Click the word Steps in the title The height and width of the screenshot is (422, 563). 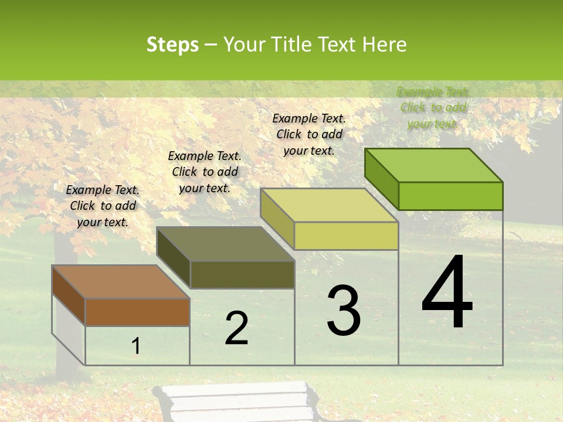pyautogui.click(x=172, y=45)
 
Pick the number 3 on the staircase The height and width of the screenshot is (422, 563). pyautogui.click(x=344, y=310)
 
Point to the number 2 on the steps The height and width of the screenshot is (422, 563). pyautogui.click(x=236, y=328)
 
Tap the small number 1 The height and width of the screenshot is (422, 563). pyautogui.click(x=135, y=346)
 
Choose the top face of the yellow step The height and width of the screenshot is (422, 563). pyautogui.click(x=329, y=205)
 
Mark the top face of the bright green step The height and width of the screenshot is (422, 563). pyautogui.click(x=433, y=165)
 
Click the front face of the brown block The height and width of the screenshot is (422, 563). pyautogui.click(x=137, y=312)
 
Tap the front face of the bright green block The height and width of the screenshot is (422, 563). pyautogui.click(x=450, y=196)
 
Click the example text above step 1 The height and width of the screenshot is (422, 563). pyautogui.click(x=103, y=206)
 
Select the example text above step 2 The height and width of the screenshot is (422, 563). pyautogui.click(x=205, y=172)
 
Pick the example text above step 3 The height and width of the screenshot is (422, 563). pyautogui.click(x=309, y=134)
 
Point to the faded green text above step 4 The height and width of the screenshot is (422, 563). pyautogui.click(x=433, y=107)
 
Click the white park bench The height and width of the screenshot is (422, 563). pyautogui.click(x=238, y=401)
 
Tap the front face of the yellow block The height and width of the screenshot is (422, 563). pyautogui.click(x=346, y=236)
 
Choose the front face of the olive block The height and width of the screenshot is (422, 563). pyautogui.click(x=242, y=274)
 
